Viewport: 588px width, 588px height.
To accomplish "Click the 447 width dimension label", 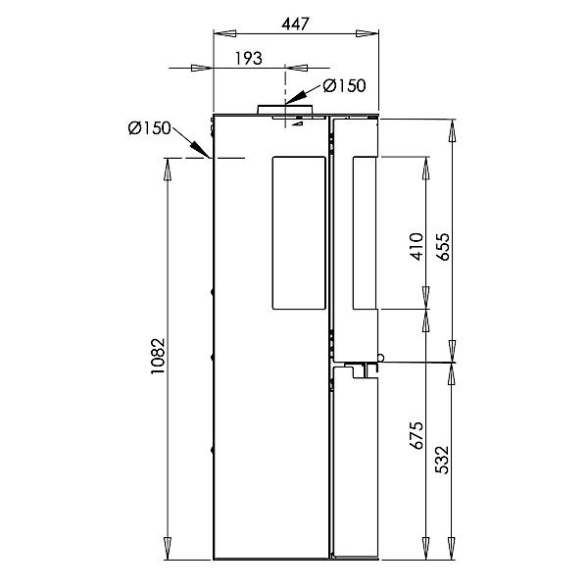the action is [295, 24].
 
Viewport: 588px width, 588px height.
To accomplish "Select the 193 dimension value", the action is [248, 58].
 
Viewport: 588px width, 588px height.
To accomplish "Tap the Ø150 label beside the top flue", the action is [344, 85].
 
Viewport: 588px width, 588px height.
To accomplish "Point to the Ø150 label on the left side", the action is [149, 128].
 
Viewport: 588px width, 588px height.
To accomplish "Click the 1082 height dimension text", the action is [158, 356].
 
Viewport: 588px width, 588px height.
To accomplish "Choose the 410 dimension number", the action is [416, 246].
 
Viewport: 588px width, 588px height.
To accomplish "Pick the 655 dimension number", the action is [443, 246].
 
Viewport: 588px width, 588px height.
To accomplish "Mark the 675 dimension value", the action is [416, 435].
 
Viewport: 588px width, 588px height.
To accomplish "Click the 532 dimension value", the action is [443, 460].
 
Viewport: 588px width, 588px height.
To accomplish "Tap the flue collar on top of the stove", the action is [284, 109].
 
